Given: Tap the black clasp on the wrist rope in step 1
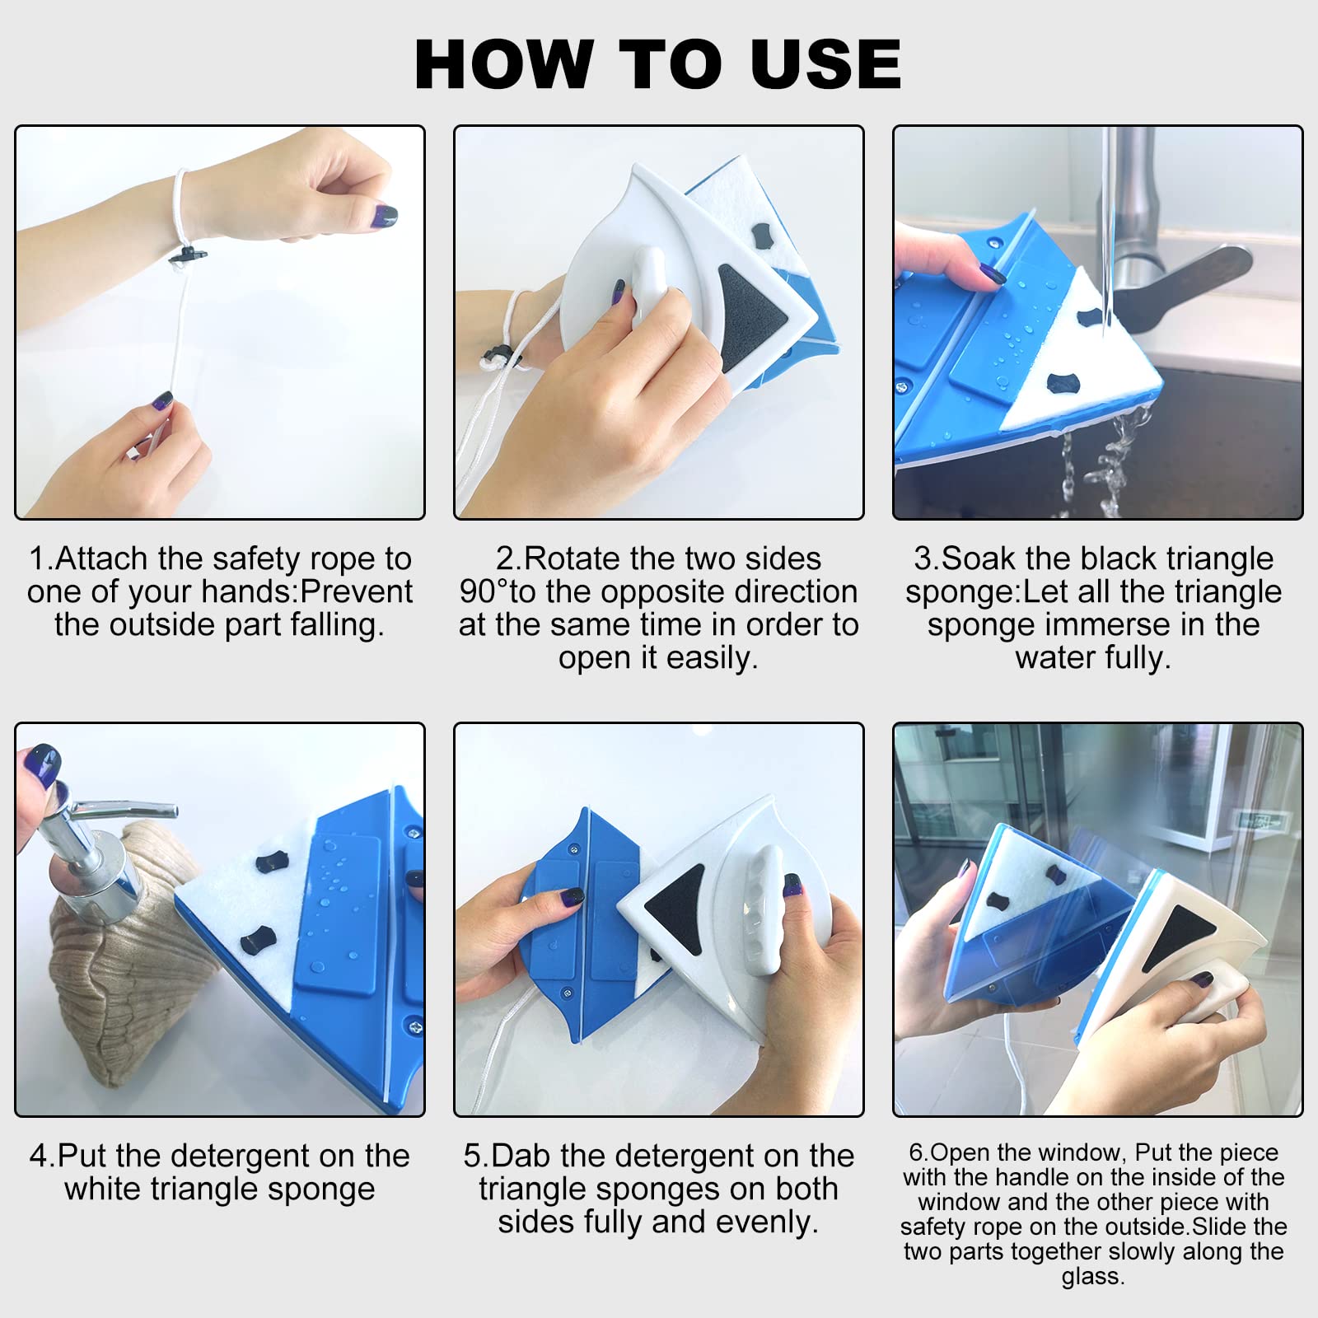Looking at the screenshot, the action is tap(187, 255).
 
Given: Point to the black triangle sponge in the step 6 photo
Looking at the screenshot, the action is tap(1173, 935).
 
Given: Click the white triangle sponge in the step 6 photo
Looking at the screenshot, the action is tap(1021, 890).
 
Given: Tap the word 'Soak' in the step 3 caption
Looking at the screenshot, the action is tap(979, 559).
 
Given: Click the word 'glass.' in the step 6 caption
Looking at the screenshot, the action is tap(1093, 1277).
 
